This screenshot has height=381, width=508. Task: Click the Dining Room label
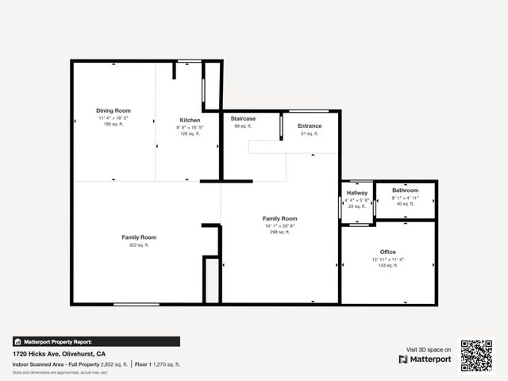114,110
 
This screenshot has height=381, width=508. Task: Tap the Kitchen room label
190,120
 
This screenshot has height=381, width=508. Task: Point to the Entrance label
310,125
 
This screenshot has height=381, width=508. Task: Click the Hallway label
356,193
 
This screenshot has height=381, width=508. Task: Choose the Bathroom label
405,190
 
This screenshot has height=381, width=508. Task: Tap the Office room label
388,252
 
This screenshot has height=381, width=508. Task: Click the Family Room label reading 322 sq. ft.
139,237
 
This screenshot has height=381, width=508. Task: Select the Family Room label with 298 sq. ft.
280,218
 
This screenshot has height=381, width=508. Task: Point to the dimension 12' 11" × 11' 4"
388,259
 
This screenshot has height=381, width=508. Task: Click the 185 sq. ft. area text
114,125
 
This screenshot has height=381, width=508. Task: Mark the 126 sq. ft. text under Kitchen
190,133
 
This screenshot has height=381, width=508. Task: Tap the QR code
476,356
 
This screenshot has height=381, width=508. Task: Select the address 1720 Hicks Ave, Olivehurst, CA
60,353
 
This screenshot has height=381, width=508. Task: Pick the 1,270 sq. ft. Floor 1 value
167,364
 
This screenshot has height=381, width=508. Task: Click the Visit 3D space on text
429,349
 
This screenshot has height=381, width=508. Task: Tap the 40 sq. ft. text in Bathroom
405,204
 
